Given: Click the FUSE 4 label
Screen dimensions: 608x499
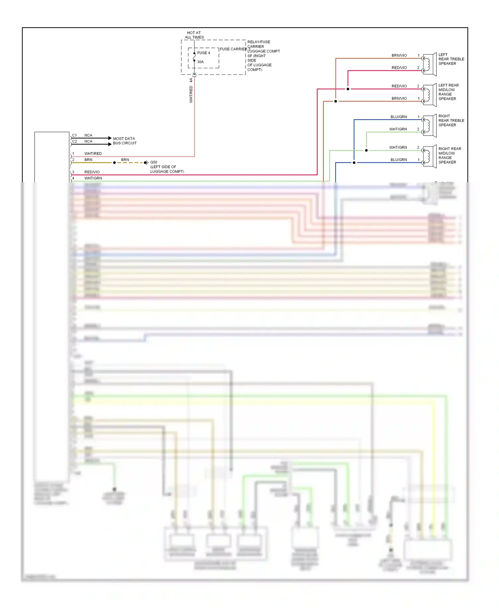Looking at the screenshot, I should point(204,53).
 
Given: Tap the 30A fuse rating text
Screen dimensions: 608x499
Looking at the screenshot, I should point(200,62).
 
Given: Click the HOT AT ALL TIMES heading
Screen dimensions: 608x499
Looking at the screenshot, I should point(194,35).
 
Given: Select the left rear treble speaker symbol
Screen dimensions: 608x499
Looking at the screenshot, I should point(429,64).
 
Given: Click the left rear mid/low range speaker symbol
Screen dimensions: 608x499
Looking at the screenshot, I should point(429,95).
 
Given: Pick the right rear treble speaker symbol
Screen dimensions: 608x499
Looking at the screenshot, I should point(429,126).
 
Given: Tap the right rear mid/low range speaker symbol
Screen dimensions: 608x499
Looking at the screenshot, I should point(429,156).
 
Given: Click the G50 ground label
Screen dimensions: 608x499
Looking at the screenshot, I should point(154,162).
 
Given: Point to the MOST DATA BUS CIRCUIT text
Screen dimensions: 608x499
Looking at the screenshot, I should point(124,141).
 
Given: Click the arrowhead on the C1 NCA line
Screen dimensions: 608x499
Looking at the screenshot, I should point(110,138).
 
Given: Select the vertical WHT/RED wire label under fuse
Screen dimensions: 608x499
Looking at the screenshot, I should point(191,94).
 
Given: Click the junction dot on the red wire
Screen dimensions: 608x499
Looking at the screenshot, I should point(348,89).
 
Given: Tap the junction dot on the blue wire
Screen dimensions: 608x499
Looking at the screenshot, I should point(354,163).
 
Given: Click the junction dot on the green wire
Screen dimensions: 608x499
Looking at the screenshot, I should point(366,150).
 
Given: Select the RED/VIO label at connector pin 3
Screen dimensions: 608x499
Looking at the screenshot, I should point(92,172).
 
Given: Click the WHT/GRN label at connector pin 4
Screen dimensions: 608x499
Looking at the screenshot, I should point(93,178).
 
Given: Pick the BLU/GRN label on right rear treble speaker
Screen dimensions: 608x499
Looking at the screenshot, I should point(399,117).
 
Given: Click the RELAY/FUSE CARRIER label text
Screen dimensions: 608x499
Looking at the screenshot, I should point(259,44).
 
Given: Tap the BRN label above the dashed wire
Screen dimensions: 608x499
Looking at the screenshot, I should point(125,160).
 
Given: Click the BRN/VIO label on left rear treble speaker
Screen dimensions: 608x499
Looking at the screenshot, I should point(399,55).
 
